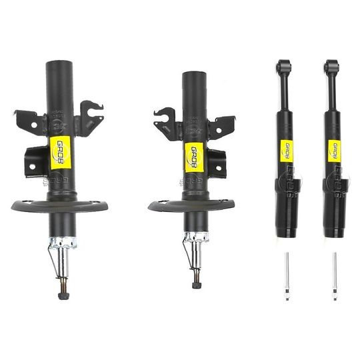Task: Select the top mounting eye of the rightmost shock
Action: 331,66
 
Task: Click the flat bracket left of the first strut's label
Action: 33,159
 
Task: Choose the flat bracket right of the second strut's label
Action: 216,160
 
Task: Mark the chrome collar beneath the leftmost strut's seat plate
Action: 63,242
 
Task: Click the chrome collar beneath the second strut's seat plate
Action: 196,237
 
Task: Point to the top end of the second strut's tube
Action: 194,75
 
